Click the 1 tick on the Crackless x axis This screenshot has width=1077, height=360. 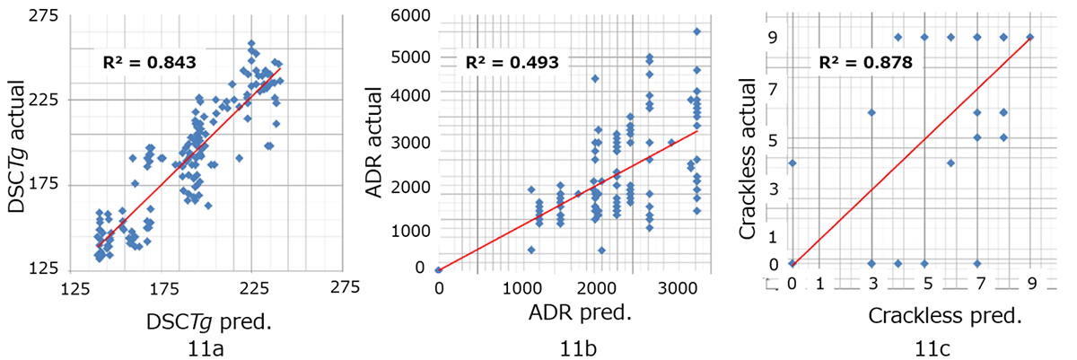click(x=819, y=285)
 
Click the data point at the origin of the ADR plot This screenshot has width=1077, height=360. click(x=438, y=269)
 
